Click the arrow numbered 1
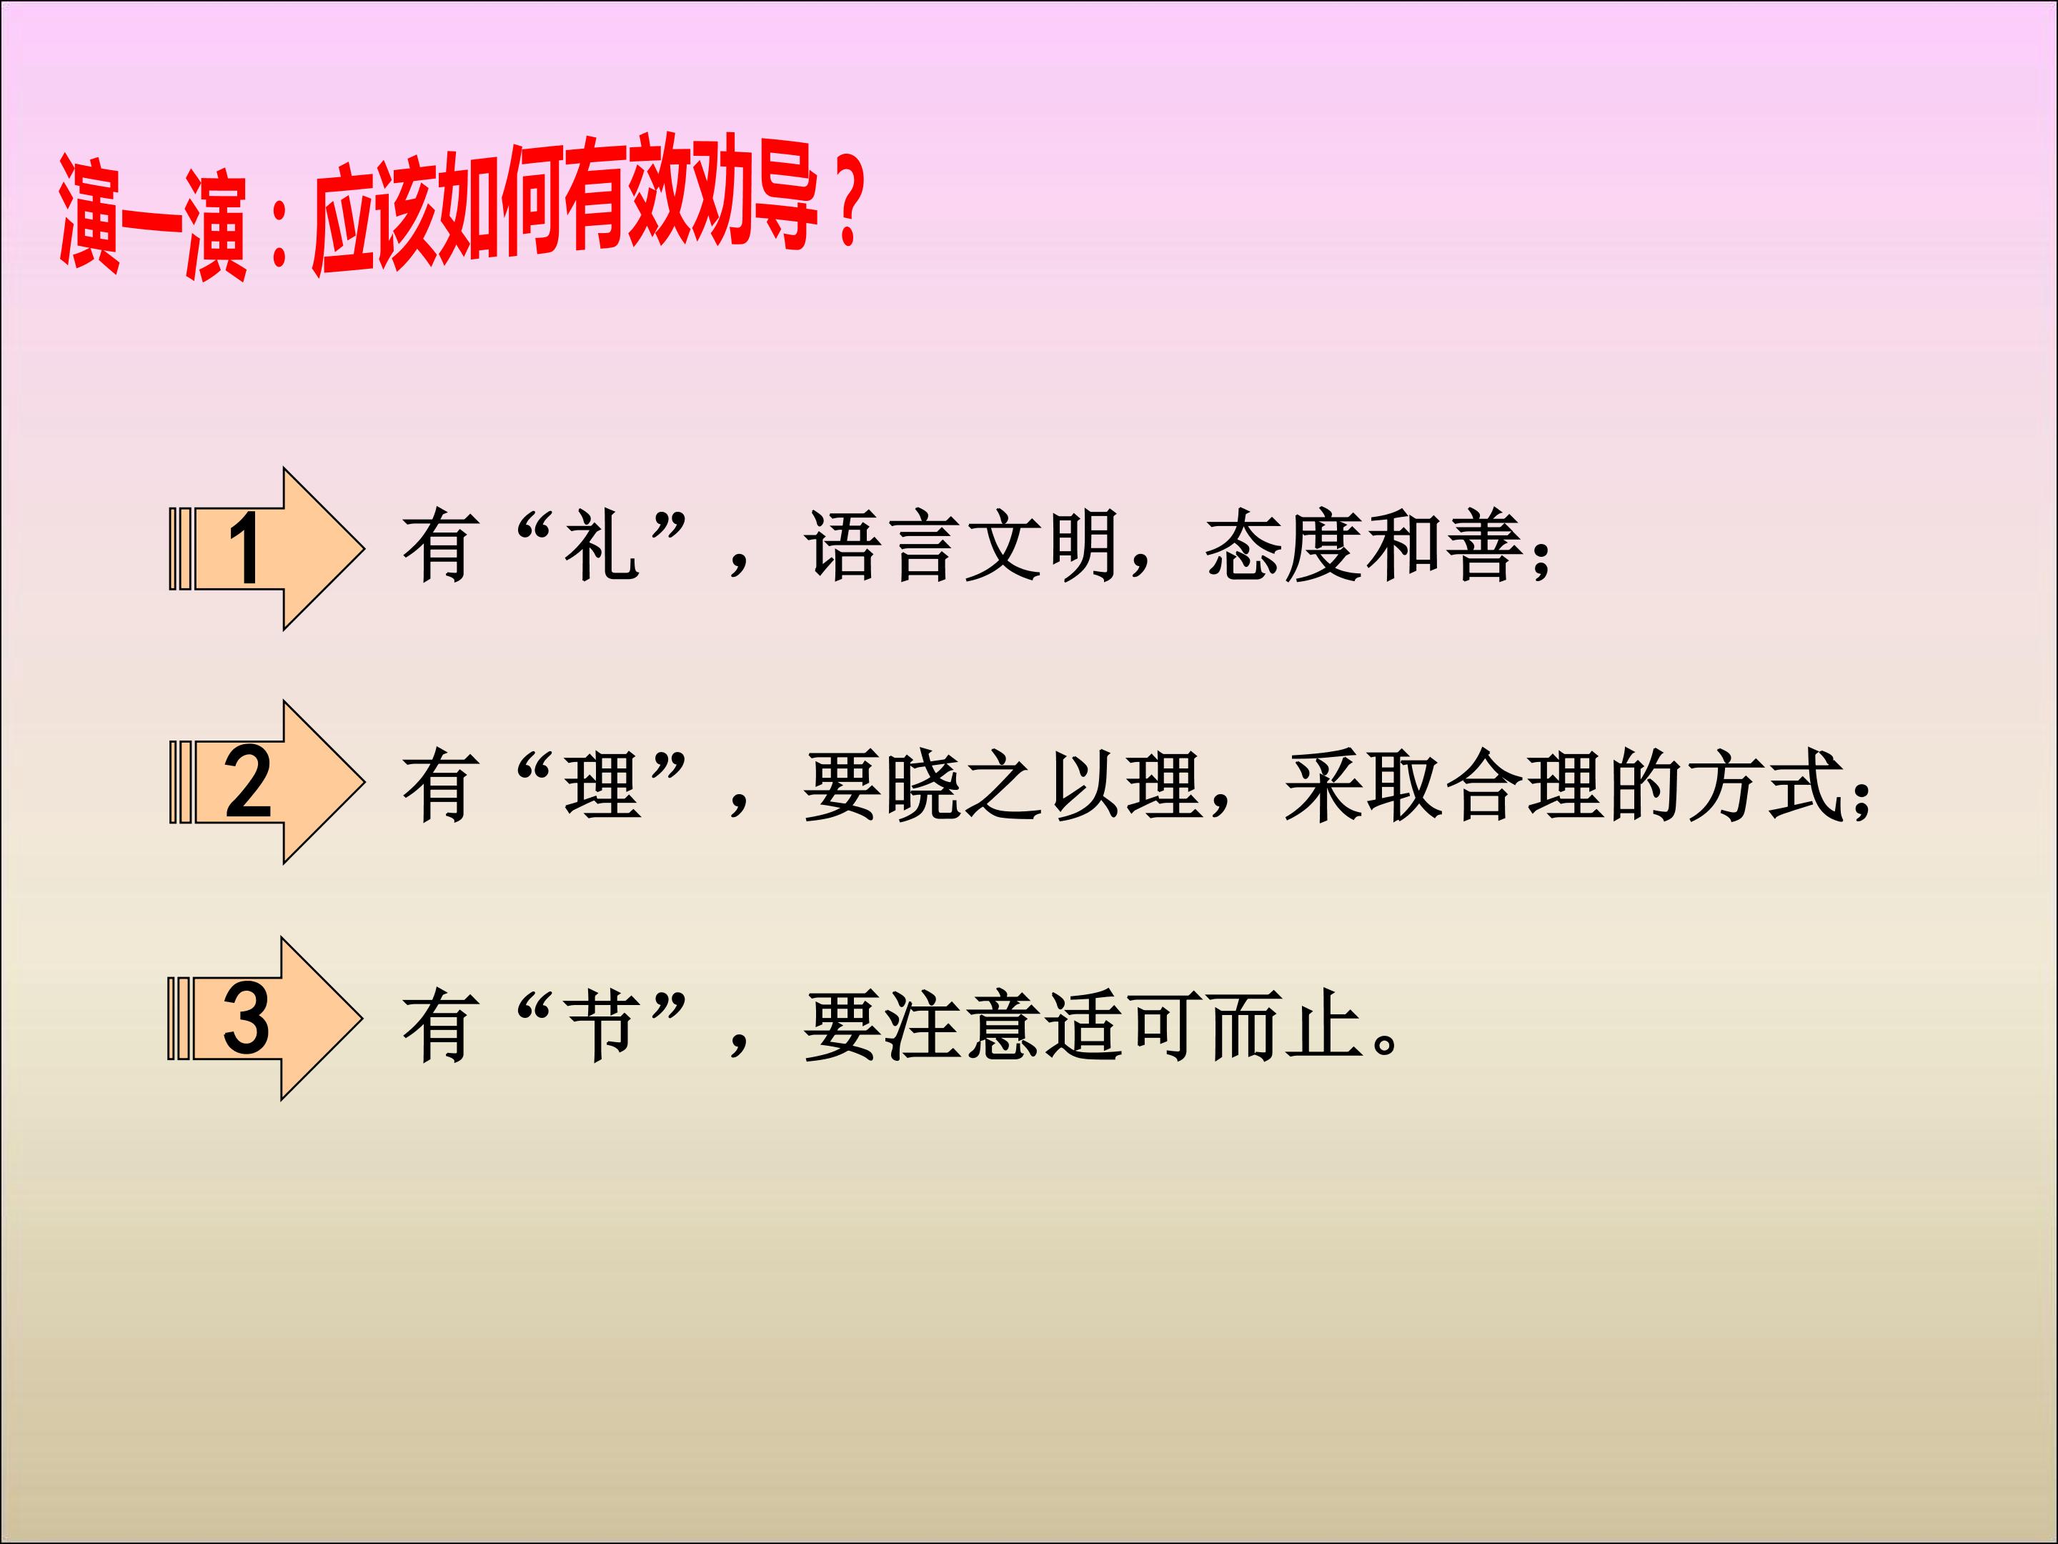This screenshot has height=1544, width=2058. pyautogui.click(x=265, y=549)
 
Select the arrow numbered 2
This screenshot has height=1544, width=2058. pyautogui.click(x=265, y=783)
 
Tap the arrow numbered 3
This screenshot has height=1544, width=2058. pyautogui.click(x=263, y=1019)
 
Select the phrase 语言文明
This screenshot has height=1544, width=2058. pyautogui.click(x=961, y=548)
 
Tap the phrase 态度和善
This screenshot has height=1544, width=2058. pyautogui.click(x=1364, y=548)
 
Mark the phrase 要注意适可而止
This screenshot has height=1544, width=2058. pyautogui.click(x=1083, y=1026)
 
